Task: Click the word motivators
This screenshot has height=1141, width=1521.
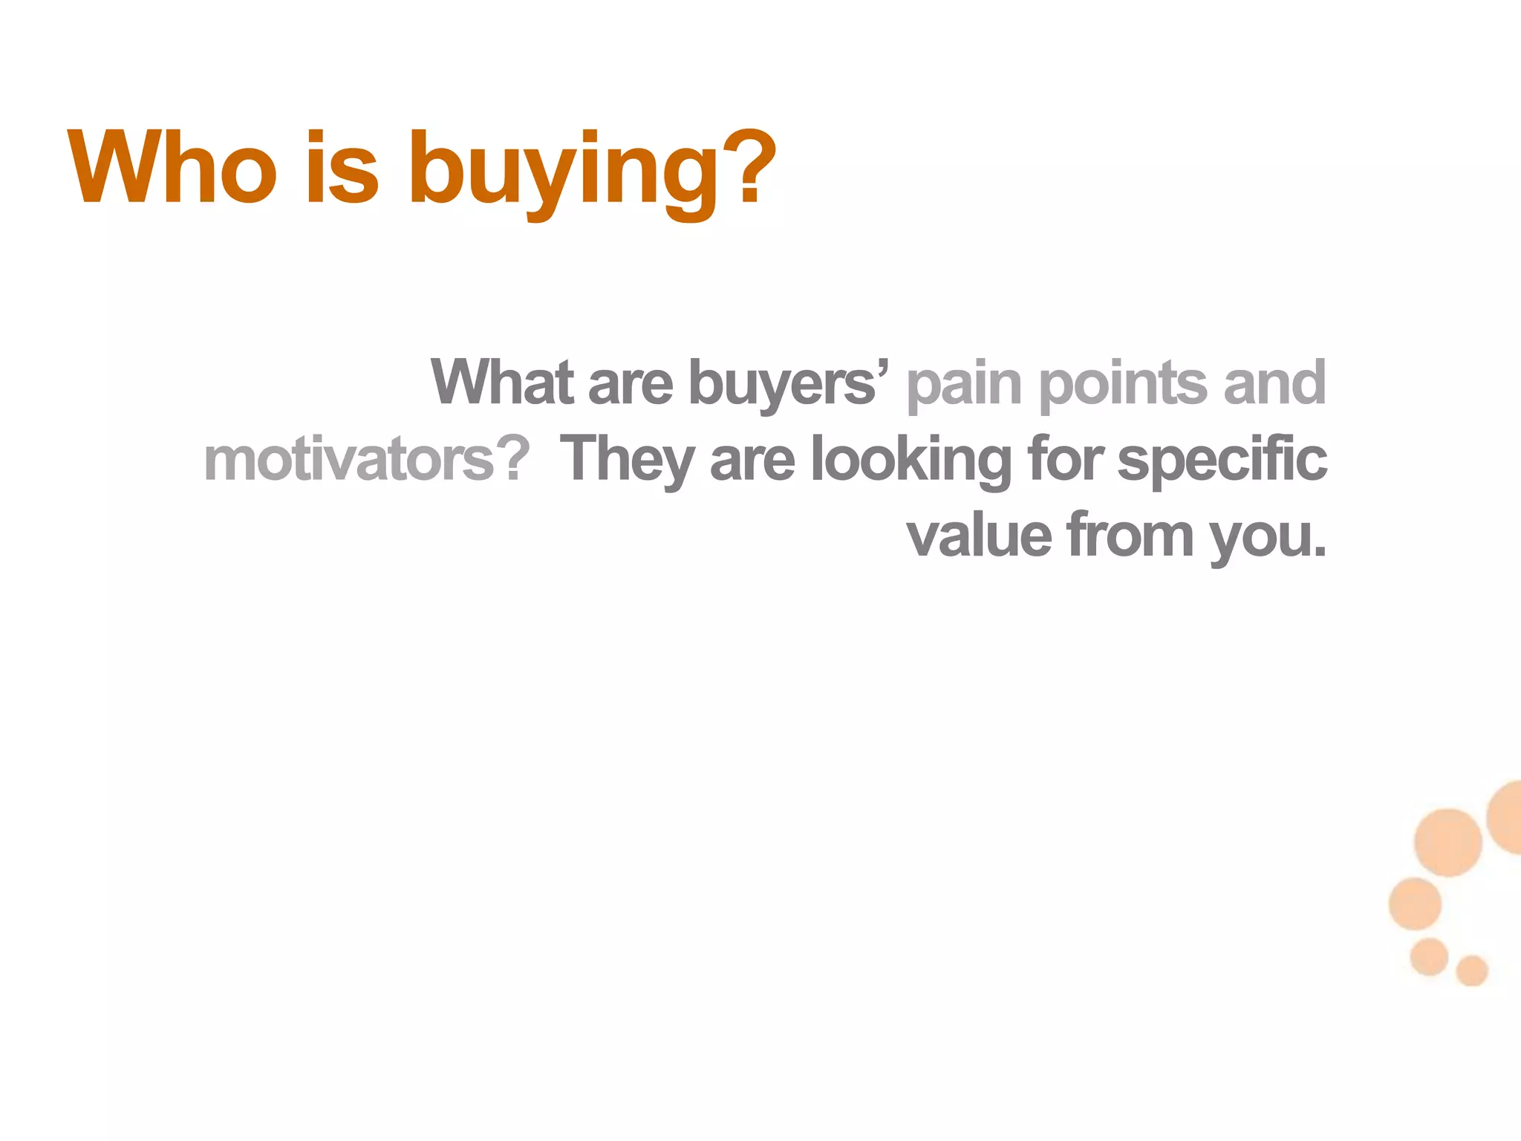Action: [349, 459]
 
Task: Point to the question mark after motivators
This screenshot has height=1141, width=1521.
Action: [513, 458]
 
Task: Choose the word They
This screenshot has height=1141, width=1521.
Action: [627, 461]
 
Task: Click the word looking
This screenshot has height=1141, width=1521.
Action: [911, 461]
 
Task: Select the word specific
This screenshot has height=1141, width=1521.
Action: [1222, 461]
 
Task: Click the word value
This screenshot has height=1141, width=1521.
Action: [979, 535]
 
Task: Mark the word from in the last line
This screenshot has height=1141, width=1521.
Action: [1130, 535]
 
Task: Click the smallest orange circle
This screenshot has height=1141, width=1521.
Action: [1471, 971]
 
